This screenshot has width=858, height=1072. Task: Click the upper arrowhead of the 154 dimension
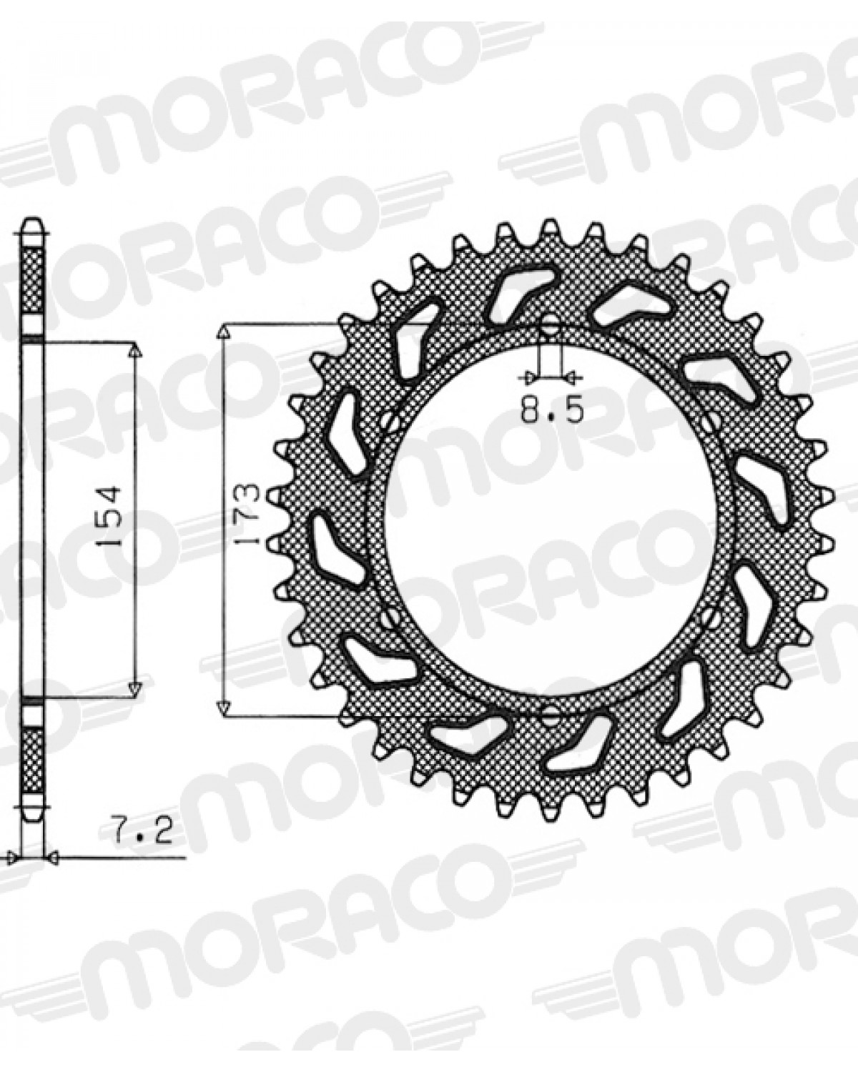(134, 351)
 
